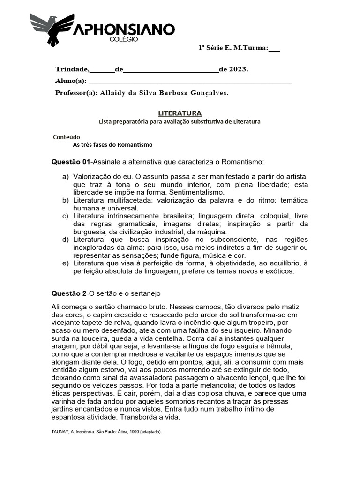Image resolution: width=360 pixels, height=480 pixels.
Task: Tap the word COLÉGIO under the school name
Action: point(124,40)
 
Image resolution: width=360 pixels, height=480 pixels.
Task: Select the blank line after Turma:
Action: point(275,48)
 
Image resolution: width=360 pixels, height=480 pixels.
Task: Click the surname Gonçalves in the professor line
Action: point(209,93)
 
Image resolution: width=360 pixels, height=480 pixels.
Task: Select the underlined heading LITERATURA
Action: point(180,113)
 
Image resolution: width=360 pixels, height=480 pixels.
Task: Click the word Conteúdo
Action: point(67,137)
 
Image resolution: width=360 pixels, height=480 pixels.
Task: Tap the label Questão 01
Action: point(70,162)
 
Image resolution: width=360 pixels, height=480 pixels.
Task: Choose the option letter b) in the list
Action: point(65,200)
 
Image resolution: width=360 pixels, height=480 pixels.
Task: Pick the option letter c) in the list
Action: point(65,216)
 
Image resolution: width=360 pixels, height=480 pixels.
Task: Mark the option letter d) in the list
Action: point(65,240)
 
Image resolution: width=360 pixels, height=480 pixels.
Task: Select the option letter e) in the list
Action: point(65,263)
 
